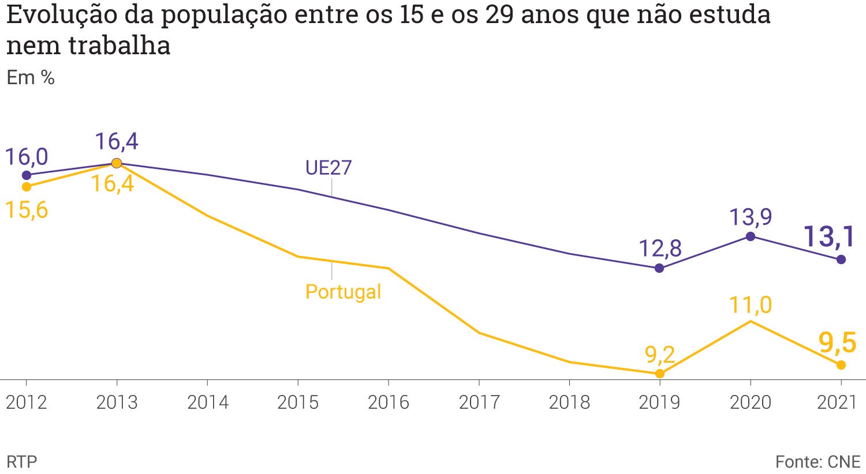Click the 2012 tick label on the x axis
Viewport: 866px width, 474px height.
coord(26,402)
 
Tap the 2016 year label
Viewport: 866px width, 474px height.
coord(388,402)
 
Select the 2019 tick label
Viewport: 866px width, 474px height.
coord(659,402)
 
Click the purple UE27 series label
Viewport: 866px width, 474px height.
coord(328,168)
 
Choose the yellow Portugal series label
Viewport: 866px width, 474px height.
coord(343,291)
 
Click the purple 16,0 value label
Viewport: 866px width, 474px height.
coord(27,157)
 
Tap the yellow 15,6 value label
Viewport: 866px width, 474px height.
coord(27,210)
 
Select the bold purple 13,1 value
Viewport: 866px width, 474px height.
coord(830,236)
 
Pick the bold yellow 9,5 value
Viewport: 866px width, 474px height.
coord(837,343)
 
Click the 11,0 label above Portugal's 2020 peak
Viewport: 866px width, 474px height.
coord(750,304)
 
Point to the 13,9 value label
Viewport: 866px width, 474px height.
coord(750,217)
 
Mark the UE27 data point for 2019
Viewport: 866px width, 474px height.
coord(659,268)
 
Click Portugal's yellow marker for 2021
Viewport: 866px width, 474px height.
coord(841,365)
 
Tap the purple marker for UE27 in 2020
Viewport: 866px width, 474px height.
coord(750,236)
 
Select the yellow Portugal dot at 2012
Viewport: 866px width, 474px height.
coord(26,187)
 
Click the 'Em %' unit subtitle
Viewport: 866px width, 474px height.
coord(31,77)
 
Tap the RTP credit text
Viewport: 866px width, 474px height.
coord(21,461)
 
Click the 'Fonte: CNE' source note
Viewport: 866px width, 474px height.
coord(818,461)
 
